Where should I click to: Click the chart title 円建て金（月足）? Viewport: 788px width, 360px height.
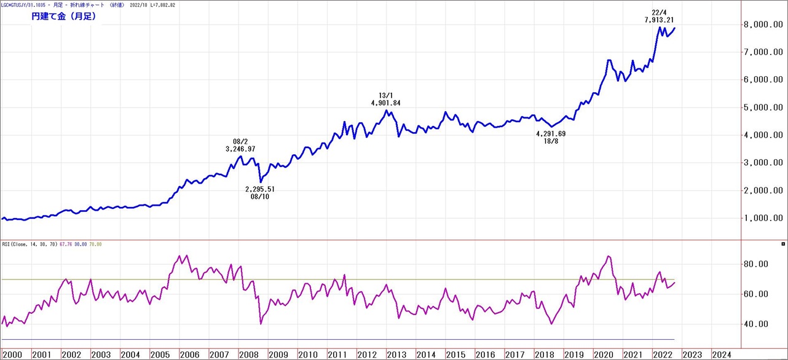63,17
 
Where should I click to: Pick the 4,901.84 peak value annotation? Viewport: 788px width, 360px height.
385,103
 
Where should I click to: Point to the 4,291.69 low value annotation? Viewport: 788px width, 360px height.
551,134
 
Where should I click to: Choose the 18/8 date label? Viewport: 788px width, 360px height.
551,141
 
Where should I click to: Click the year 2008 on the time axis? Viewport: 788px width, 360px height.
249,354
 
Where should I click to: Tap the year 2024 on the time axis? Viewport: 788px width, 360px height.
721,354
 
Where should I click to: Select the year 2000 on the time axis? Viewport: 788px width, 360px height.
12,354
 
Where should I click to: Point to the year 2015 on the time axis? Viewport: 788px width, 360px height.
455,354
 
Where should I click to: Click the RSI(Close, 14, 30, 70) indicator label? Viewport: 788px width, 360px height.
29,245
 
